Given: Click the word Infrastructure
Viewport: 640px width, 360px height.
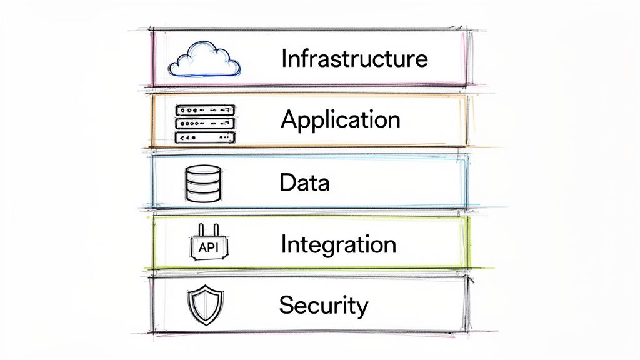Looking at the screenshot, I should (354, 59).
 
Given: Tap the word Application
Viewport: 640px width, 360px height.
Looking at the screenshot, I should (340, 119).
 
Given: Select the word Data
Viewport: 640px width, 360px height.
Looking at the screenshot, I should (304, 182).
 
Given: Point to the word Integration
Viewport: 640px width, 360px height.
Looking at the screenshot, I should (338, 244).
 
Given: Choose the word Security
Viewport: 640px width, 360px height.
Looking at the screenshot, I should (323, 305).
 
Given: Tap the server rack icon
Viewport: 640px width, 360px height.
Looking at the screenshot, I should (204, 124).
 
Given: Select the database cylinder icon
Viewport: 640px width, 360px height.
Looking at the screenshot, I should (203, 182).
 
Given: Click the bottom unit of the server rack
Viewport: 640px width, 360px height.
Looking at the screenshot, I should (204, 137).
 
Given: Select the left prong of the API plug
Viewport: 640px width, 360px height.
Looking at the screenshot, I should (199, 230).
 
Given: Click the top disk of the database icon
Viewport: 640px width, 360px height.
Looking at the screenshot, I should (203, 171).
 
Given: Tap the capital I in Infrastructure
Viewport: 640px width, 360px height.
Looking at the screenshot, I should (284, 59).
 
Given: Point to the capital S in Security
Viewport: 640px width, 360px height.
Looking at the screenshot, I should (286, 305).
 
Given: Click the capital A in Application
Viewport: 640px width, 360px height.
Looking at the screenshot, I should (289, 118).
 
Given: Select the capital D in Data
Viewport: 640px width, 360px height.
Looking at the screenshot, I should (287, 182).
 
